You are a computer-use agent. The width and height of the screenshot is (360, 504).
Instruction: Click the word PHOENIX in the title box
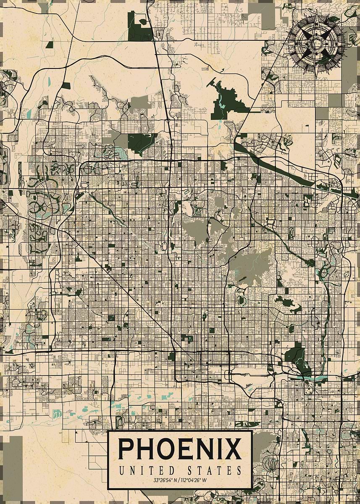coord(180,449)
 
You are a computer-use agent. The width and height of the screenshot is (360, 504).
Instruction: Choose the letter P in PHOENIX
coord(126,449)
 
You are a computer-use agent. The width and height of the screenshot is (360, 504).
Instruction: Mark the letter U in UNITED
coord(122,470)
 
